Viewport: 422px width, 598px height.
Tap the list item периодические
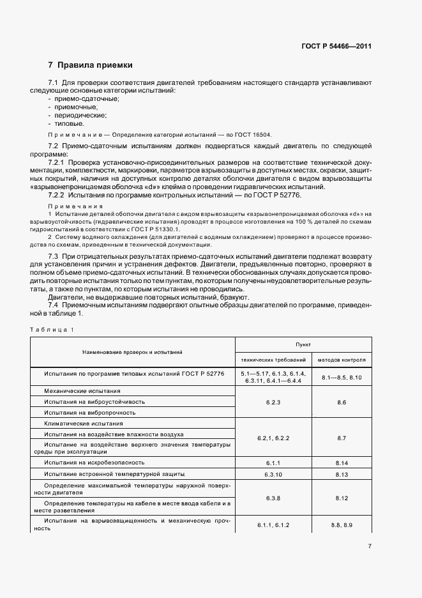pos(82,116)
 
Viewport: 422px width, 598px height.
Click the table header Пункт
pos(303,343)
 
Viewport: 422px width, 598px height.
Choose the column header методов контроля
pos(341,360)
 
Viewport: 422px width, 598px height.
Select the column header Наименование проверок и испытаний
pos(132,351)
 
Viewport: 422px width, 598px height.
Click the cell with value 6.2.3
pos(273,402)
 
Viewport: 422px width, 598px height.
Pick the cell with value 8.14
pos(341,461)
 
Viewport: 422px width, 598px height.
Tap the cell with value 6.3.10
pos(273,475)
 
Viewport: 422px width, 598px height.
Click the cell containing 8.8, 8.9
pos(341,525)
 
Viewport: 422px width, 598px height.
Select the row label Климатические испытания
pos(83,424)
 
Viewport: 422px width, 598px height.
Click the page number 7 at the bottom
pos(370,546)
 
